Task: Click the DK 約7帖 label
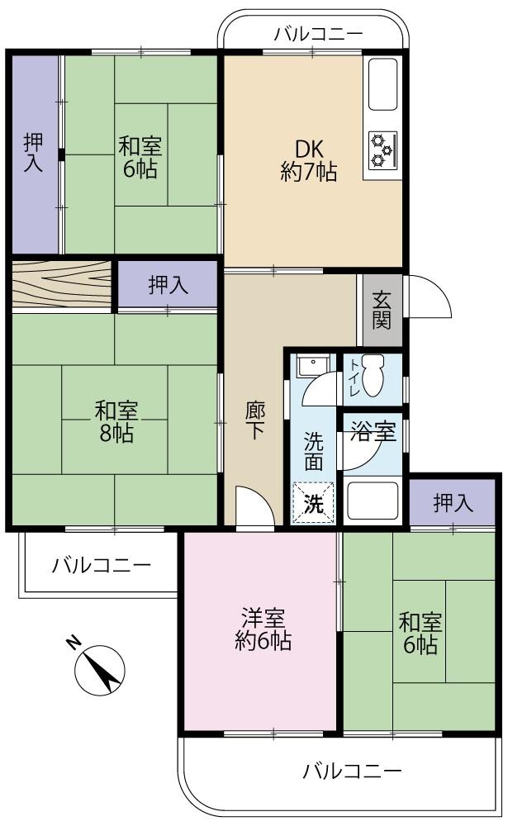click(x=309, y=161)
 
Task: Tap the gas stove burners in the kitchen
click(x=382, y=150)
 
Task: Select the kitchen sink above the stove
click(x=382, y=84)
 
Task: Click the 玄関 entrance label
click(x=382, y=311)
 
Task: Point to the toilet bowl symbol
click(x=374, y=375)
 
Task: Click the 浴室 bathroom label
click(x=373, y=432)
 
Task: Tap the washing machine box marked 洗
click(x=314, y=503)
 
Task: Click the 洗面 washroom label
click(x=314, y=451)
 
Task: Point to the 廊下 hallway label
click(x=255, y=420)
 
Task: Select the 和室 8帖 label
click(x=116, y=421)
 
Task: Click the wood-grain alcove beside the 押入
click(x=62, y=284)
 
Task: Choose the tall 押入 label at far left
click(x=34, y=152)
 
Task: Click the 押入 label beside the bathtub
click(x=453, y=503)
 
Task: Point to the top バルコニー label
click(x=319, y=34)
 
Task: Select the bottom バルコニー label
click(x=352, y=771)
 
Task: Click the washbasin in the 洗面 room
click(x=313, y=365)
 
